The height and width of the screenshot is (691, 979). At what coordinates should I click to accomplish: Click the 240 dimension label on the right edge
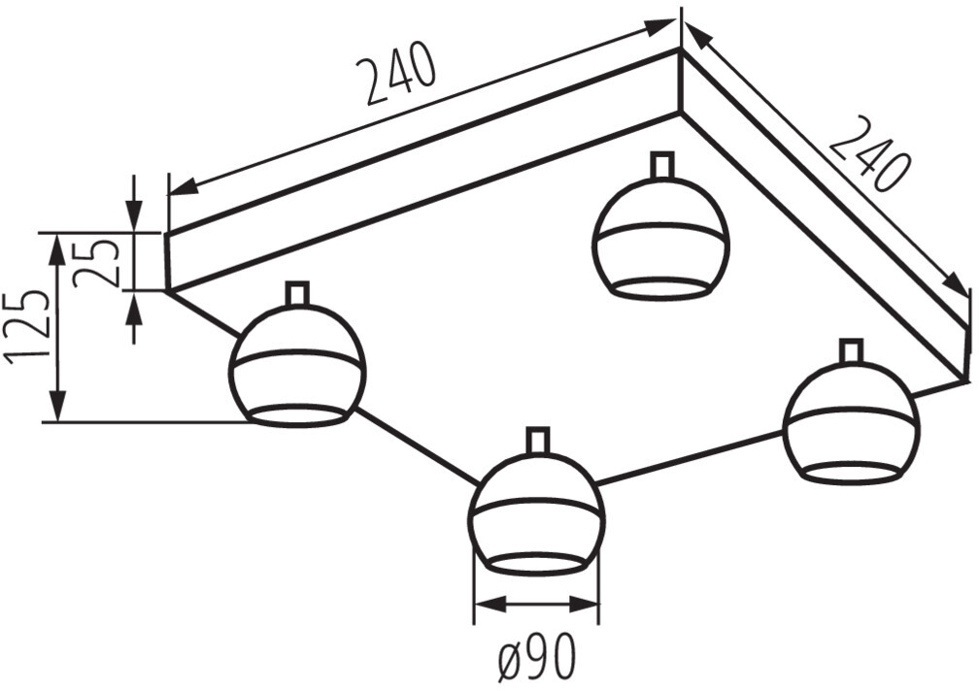869,153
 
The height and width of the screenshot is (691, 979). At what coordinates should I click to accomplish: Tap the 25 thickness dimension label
97,261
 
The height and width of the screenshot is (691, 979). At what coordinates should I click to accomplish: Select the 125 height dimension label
26,325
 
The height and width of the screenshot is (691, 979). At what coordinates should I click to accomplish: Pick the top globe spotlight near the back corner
661,238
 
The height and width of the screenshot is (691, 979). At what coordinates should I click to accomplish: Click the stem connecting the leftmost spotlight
297,293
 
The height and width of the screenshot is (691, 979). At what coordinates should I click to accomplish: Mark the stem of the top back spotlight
662,165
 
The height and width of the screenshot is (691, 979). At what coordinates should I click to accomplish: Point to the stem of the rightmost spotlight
851,350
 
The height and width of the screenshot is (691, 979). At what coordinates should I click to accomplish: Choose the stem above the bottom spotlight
538,441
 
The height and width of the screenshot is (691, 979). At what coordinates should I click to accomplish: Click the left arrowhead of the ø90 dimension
487,604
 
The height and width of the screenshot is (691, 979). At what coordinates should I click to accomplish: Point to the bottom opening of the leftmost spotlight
297,415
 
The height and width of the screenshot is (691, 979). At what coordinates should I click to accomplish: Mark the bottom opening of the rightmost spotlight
851,473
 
